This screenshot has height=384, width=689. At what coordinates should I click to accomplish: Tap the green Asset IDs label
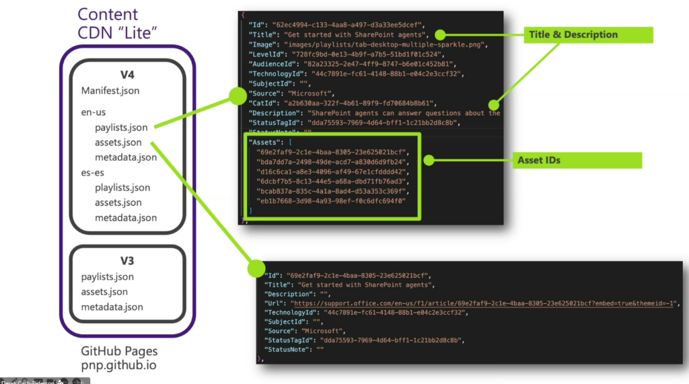pyautogui.click(x=539, y=160)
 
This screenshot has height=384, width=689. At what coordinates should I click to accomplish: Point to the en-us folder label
pyautogui.click(x=94, y=112)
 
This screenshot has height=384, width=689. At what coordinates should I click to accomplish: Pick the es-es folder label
pyautogui.click(x=94, y=173)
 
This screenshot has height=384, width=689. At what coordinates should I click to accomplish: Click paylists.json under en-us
pyautogui.click(x=121, y=127)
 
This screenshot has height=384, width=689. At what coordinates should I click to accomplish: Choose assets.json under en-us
pyautogui.click(x=118, y=143)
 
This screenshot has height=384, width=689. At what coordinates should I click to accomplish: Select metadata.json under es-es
pyautogui.click(x=126, y=217)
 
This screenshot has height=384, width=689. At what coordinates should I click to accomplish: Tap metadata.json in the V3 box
pyautogui.click(x=112, y=307)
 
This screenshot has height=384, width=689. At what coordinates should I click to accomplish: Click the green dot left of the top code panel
pyautogui.click(x=237, y=96)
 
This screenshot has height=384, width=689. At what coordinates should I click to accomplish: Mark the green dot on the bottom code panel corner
pyautogui.click(x=256, y=268)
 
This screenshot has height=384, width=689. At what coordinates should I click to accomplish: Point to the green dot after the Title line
pyautogui.click(x=439, y=34)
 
